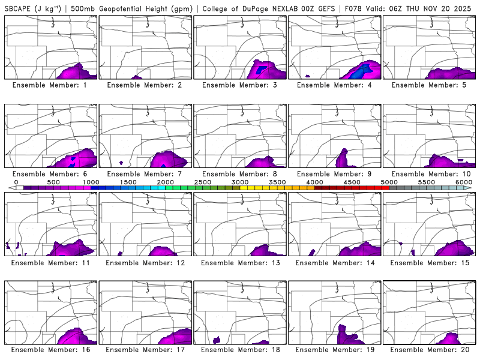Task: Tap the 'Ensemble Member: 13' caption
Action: (x=241, y=262)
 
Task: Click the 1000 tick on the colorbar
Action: (x=91, y=182)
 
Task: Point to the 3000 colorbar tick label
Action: (x=240, y=182)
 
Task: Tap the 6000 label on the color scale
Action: (x=464, y=182)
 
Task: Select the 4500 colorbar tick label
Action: (x=352, y=182)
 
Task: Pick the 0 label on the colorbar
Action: (x=16, y=182)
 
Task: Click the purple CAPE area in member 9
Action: (x=343, y=159)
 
